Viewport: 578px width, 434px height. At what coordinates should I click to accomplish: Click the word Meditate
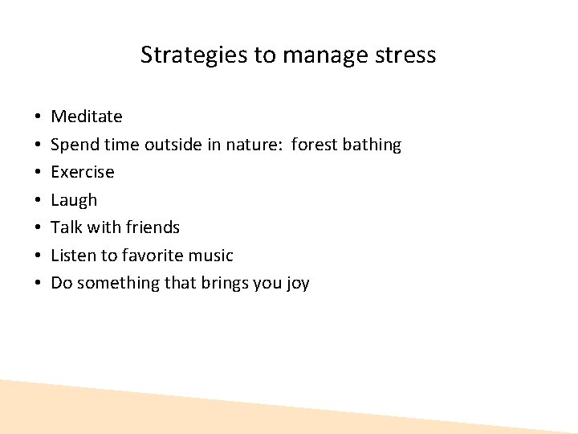pyautogui.click(x=87, y=117)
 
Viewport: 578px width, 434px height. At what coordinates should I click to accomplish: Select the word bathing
pyautogui.click(x=372, y=145)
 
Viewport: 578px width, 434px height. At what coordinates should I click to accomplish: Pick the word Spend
pyautogui.click(x=71, y=145)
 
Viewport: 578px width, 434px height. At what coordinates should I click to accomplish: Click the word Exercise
pyautogui.click(x=83, y=172)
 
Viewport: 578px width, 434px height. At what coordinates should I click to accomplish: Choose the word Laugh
pyautogui.click(x=74, y=200)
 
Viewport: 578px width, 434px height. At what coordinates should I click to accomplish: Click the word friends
pyautogui.click(x=153, y=227)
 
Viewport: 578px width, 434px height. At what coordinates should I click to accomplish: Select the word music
pyautogui.click(x=210, y=256)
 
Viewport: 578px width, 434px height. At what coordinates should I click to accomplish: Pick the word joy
pyautogui.click(x=298, y=284)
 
